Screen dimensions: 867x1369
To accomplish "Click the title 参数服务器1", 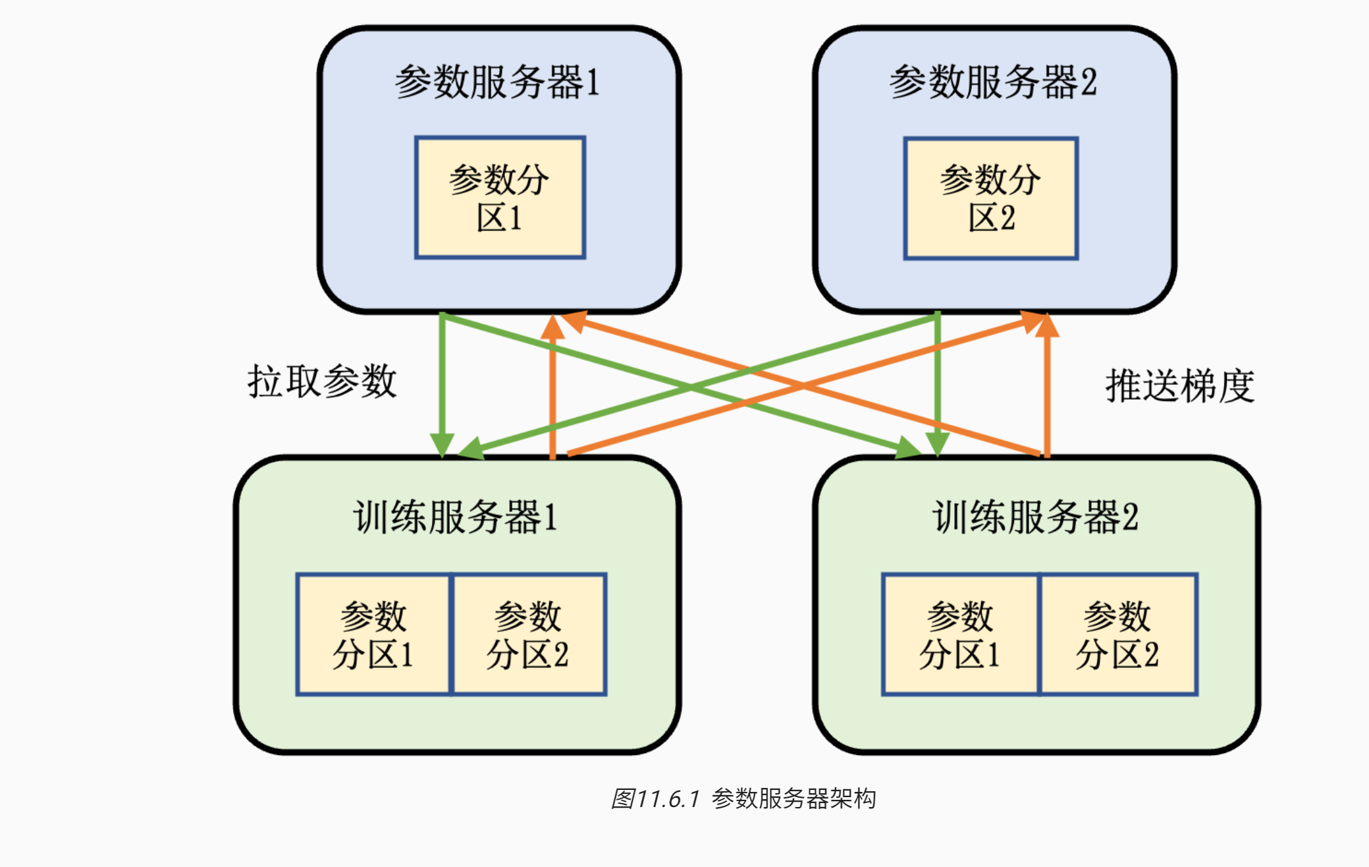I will (x=497, y=82).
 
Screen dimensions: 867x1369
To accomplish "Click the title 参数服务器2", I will (x=992, y=82).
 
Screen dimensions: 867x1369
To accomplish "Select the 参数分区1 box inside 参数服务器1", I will (x=500, y=198).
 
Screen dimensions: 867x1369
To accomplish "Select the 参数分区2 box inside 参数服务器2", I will (x=990, y=198).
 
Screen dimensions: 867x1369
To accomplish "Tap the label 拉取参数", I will (x=322, y=381).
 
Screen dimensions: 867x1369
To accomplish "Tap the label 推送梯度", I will (x=1179, y=385).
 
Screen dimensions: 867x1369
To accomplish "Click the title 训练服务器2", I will (x=1035, y=517).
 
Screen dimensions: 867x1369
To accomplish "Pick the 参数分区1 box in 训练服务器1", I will (x=373, y=634).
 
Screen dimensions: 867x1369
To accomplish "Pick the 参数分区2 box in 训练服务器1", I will (x=529, y=634).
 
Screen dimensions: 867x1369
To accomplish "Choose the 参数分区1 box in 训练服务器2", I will (x=960, y=634).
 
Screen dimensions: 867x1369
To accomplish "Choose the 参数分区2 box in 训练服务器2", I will (x=1117, y=634).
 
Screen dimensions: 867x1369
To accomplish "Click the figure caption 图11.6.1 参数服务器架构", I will (x=743, y=798).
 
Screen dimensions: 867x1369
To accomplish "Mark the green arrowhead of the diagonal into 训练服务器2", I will (x=909, y=449).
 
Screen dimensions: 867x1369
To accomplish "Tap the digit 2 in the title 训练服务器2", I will (x=1130, y=517).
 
